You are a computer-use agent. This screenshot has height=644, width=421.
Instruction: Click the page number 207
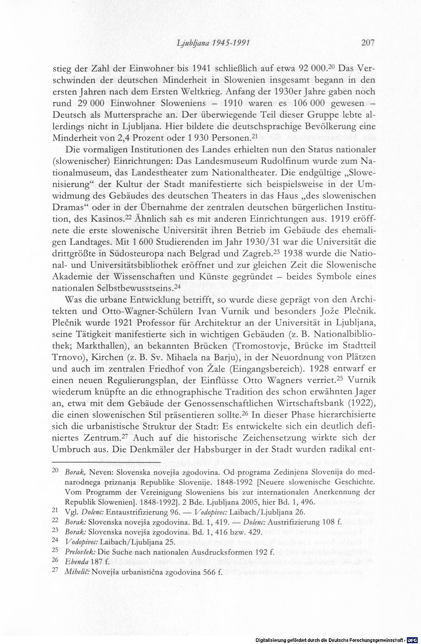coord(367,42)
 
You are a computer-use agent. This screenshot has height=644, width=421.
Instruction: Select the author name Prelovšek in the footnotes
coord(78,550)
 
